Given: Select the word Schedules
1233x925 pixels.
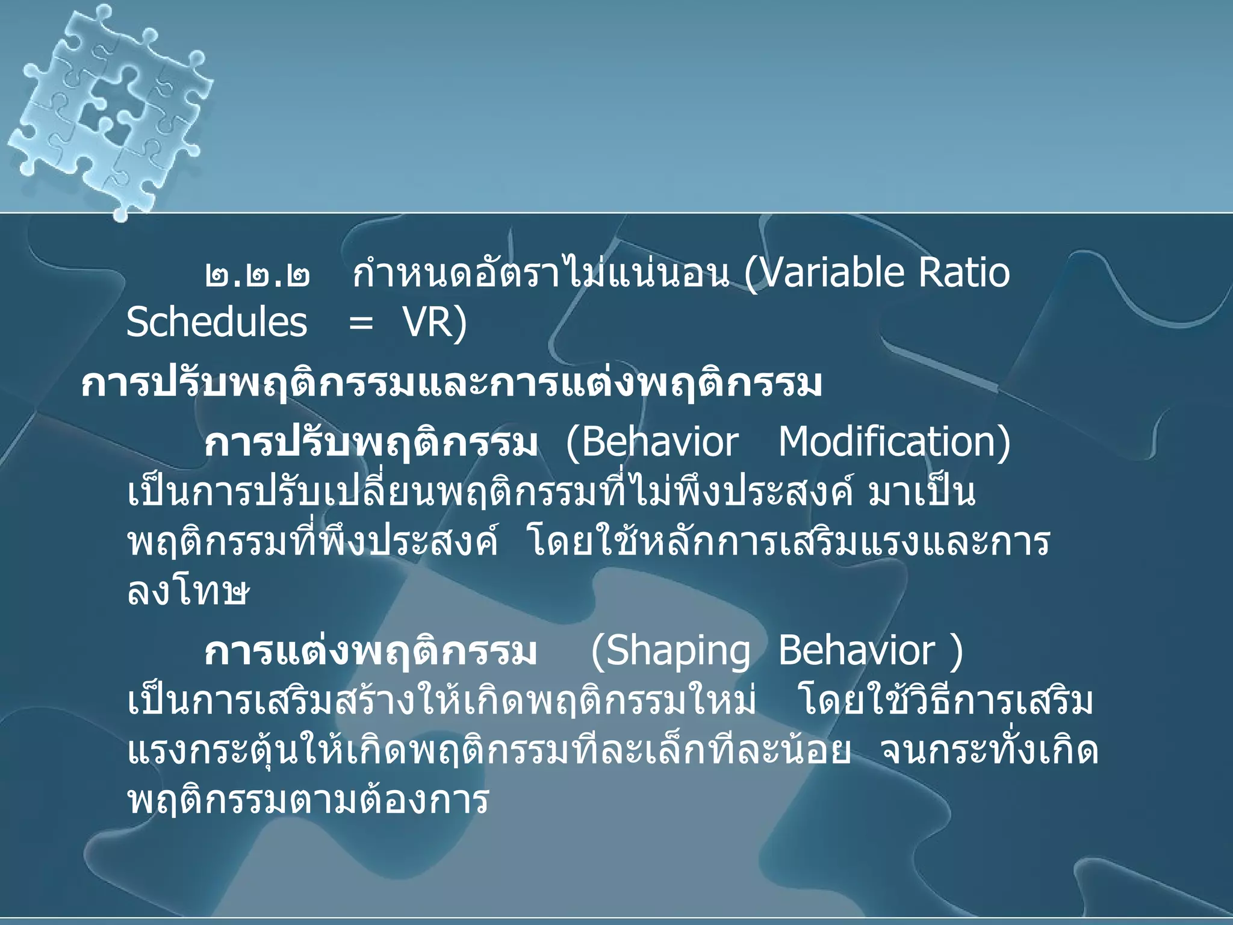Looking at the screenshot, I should (x=217, y=322).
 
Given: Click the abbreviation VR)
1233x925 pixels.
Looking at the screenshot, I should (x=435, y=322).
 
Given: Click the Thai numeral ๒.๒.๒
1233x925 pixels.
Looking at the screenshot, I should (x=258, y=276).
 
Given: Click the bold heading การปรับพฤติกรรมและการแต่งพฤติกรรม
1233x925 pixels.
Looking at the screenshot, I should (x=452, y=384).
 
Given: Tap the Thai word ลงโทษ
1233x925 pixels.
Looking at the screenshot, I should (x=188, y=593).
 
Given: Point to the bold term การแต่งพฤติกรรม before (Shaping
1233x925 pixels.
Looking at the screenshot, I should (x=370, y=652).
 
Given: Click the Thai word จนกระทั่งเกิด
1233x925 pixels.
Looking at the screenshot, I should (x=989, y=750).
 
